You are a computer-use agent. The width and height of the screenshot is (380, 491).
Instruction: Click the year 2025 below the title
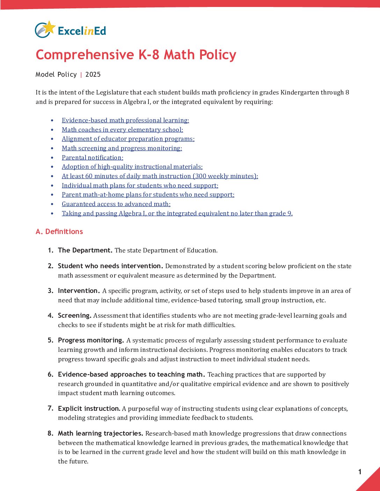click(x=93, y=74)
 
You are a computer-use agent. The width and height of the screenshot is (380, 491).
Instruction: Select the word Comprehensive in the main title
click(x=85, y=55)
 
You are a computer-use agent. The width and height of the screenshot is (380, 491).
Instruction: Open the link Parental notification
click(x=92, y=158)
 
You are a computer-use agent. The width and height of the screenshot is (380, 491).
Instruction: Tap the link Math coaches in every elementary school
click(x=122, y=130)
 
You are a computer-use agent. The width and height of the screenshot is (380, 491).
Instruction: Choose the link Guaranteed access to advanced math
click(x=116, y=204)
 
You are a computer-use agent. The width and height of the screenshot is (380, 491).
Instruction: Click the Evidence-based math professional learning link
click(x=125, y=120)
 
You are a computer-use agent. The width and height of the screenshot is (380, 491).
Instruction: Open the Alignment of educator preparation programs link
click(x=128, y=139)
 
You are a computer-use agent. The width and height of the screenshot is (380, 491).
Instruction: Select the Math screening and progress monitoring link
click(x=122, y=148)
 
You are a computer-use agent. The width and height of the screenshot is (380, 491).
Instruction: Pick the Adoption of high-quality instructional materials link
click(x=132, y=167)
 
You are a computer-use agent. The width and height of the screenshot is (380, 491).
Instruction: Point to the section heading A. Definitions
click(x=59, y=232)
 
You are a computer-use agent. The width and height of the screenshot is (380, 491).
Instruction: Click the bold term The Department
click(x=85, y=250)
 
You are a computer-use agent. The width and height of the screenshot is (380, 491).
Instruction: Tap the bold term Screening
click(x=74, y=316)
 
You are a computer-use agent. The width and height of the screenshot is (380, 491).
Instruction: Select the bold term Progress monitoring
click(x=91, y=340)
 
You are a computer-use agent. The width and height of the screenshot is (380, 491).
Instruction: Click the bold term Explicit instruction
click(x=89, y=409)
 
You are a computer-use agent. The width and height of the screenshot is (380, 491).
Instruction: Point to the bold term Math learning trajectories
click(x=101, y=433)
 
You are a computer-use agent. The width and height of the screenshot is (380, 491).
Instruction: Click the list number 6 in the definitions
click(x=50, y=375)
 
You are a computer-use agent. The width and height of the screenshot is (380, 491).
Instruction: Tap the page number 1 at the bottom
click(x=360, y=472)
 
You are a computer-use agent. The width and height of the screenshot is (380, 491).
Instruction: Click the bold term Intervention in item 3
click(x=79, y=291)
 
